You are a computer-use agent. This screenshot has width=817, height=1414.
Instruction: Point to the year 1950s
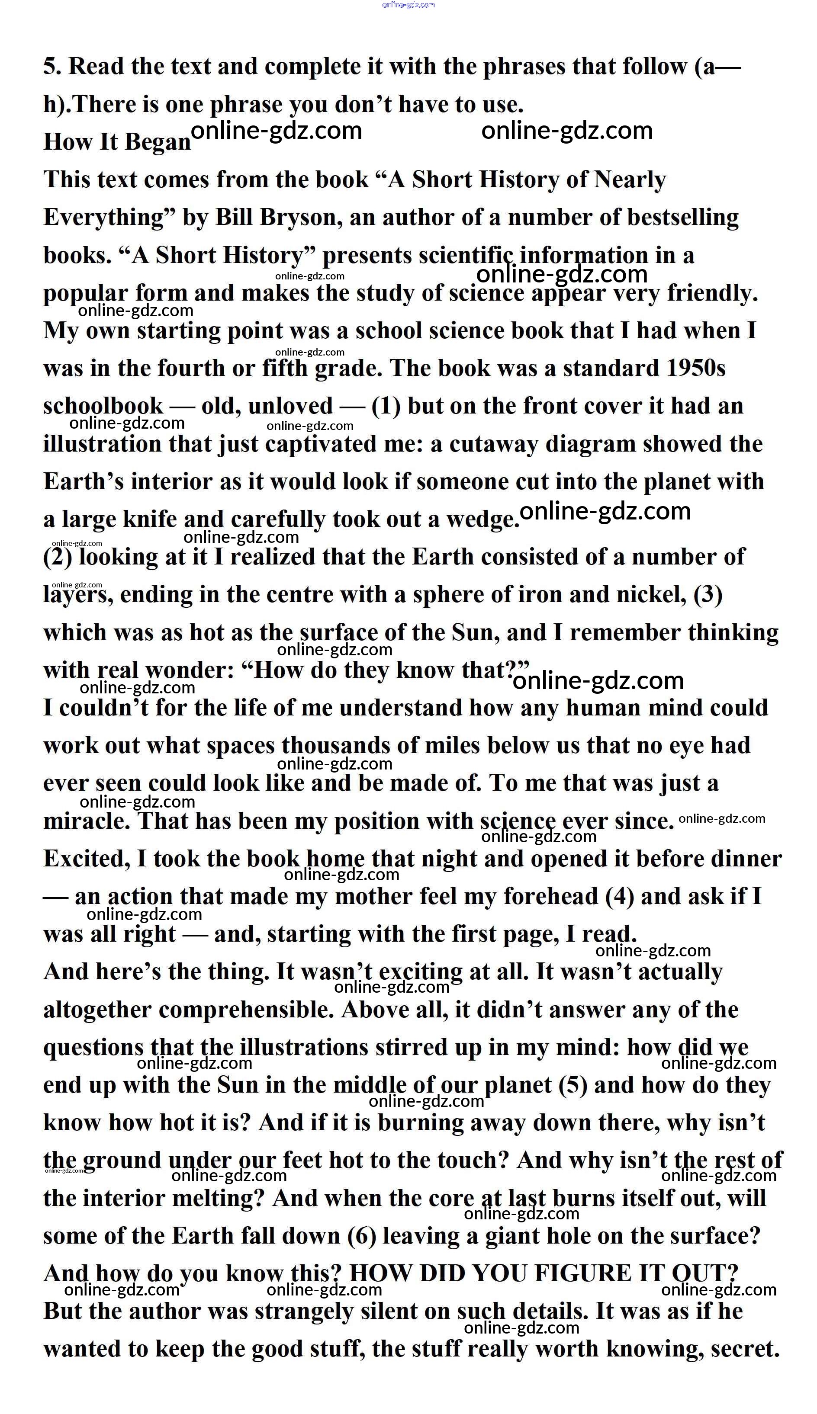(696, 369)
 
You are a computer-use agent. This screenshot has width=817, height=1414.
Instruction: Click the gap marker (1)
(386, 406)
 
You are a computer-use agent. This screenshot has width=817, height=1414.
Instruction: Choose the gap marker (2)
(58, 557)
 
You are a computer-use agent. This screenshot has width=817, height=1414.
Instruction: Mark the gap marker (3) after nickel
(708, 595)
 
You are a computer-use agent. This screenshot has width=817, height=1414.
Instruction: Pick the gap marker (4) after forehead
(620, 896)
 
